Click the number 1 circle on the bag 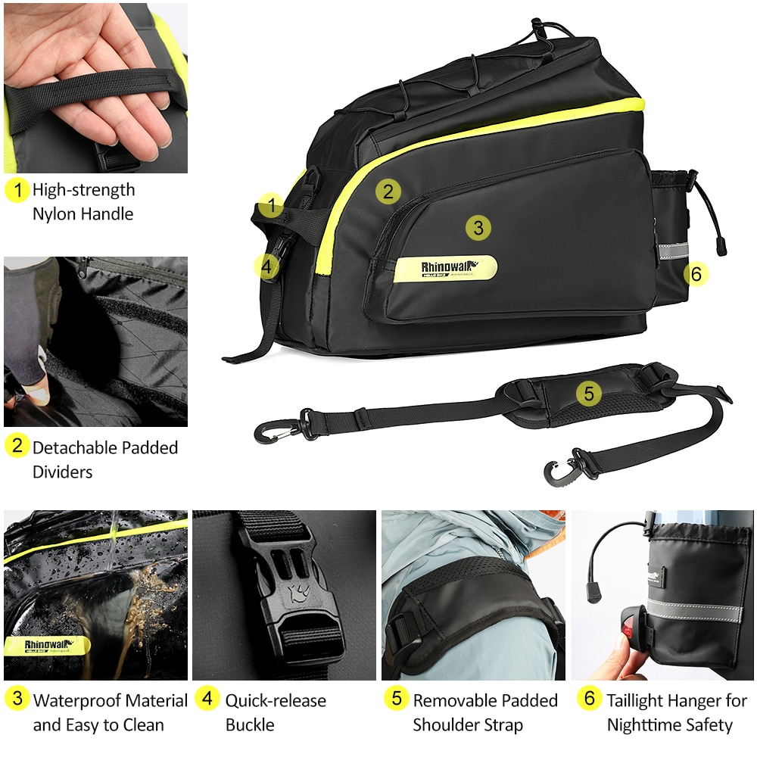[271, 204]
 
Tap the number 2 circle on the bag [388, 192]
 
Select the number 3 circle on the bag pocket [478, 226]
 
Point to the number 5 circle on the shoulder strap [589, 393]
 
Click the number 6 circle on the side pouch [696, 274]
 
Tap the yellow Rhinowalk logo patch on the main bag [445, 268]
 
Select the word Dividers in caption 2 [62, 472]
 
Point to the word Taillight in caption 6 [641, 701]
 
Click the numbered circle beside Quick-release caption [207, 699]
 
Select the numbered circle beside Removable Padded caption [395, 699]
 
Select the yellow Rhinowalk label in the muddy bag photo [47, 646]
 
